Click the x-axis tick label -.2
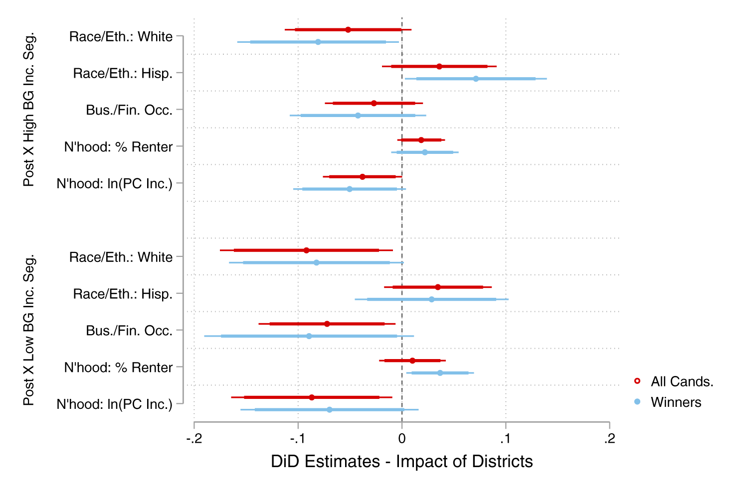[193, 439]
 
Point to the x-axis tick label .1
[505, 439]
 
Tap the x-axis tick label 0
[402, 439]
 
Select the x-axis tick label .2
[609, 439]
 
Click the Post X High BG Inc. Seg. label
[29, 110]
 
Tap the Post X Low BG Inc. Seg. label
[29, 330]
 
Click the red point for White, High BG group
[348, 30]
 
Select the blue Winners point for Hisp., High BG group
[476, 79]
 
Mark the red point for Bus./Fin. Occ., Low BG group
[327, 324]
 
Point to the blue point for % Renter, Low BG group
[440, 373]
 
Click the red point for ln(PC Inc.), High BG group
[363, 177]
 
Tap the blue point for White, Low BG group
[317, 262]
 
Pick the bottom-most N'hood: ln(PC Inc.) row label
[114, 404]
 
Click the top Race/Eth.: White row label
[121, 37]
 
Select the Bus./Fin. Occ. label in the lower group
[129, 331]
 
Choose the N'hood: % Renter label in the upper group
[118, 147]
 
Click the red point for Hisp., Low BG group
[438, 287]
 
